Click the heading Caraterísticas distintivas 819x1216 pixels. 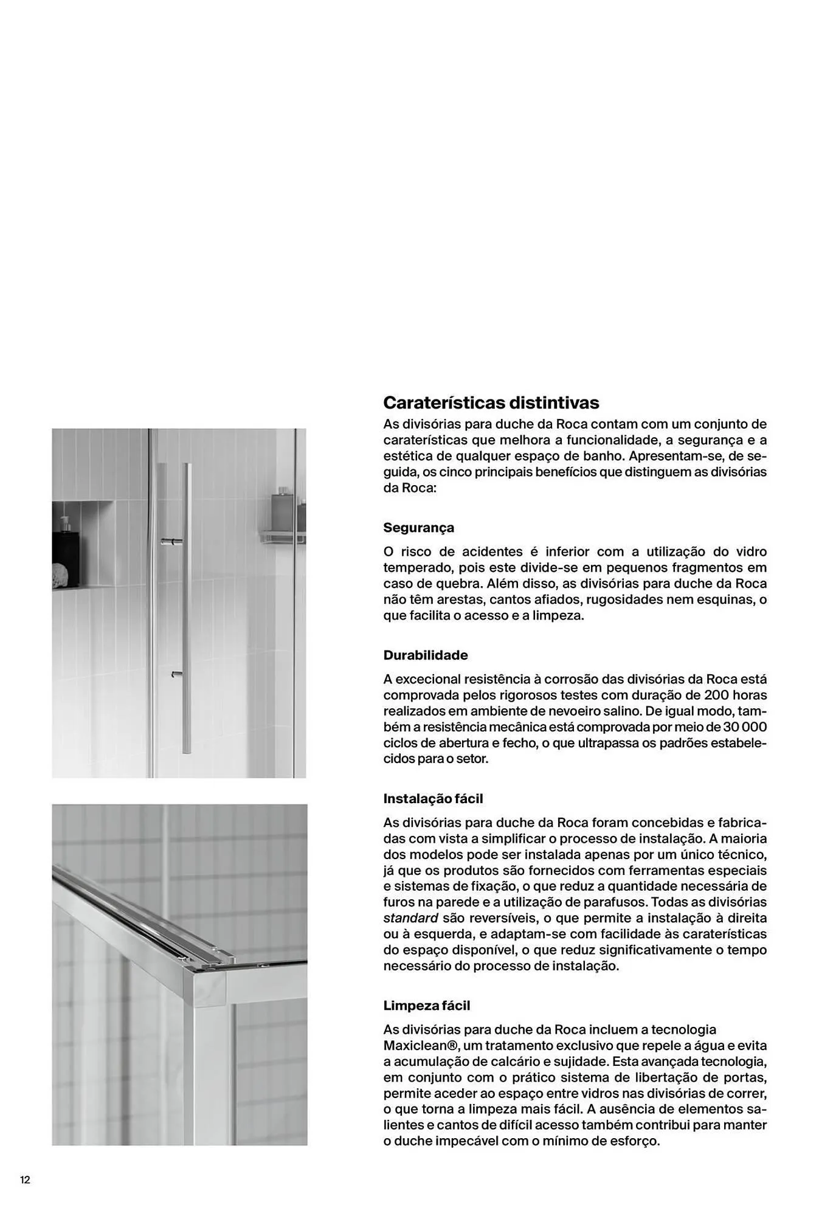point(491,402)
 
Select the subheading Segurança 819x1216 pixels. point(418,527)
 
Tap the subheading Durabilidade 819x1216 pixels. point(425,655)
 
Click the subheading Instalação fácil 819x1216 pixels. point(432,798)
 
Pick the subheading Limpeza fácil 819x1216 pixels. point(426,1005)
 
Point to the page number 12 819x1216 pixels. point(25,1180)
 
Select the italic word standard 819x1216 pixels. point(410,917)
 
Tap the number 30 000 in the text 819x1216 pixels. point(745,727)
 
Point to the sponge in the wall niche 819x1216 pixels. point(60,575)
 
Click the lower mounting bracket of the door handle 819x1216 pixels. point(176,674)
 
